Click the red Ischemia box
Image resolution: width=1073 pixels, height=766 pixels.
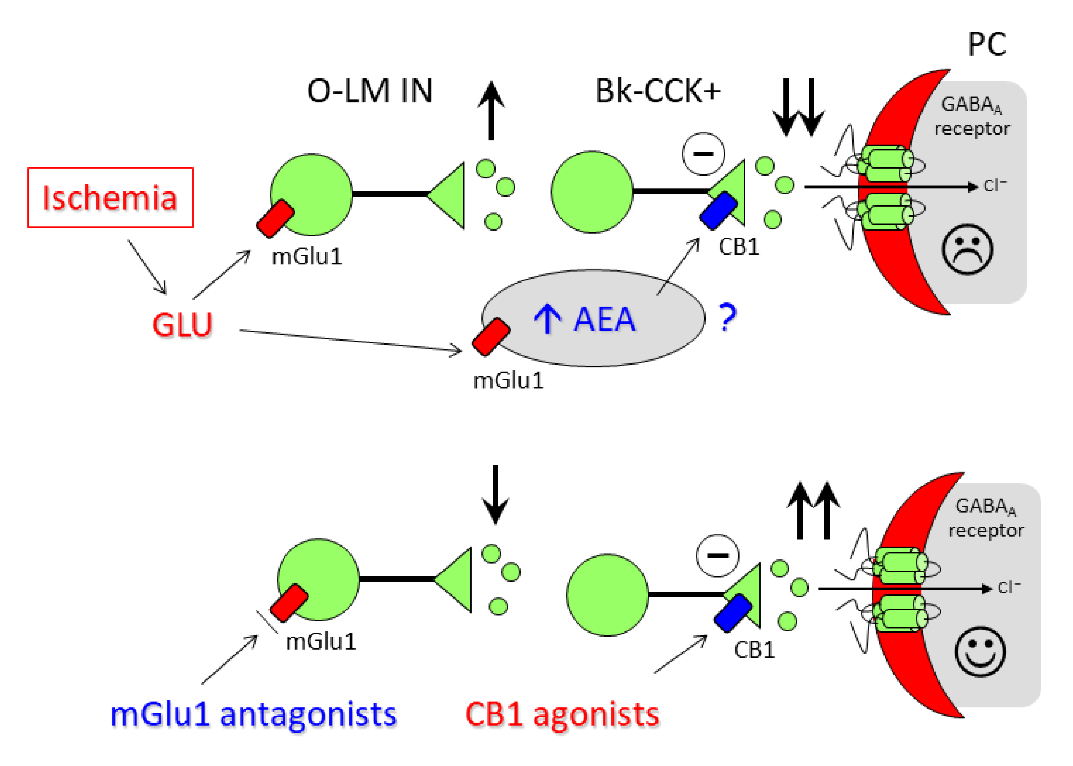110,197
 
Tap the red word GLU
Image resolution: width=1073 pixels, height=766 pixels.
182,325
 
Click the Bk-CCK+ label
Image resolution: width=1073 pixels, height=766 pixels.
658,91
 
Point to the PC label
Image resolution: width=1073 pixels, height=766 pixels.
987,45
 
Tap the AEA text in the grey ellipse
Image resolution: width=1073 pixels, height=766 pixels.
604,319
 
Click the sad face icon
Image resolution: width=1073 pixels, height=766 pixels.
967,249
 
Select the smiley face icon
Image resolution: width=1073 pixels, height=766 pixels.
980,651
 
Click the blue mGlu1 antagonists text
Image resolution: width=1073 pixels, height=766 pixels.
253,714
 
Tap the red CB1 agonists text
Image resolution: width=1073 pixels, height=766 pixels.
562,714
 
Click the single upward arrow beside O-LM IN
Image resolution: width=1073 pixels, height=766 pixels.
491,111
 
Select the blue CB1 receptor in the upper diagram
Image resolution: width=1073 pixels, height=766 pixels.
718,210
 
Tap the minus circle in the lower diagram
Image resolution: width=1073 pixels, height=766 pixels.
718,556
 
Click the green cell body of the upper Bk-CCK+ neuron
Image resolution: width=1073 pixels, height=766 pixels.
592,192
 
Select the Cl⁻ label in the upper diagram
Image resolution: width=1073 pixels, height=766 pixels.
995,185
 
